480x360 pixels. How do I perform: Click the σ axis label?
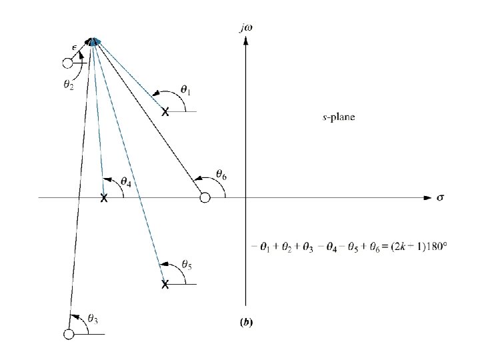point(440,198)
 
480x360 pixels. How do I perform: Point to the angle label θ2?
point(68,87)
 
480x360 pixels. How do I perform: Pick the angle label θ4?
point(126,181)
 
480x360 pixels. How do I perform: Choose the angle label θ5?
point(187,265)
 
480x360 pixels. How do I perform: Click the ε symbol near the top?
point(75,47)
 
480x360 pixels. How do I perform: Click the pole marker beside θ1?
point(165,113)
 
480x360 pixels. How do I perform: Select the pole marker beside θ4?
point(103,198)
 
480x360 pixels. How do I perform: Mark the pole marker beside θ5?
point(165,285)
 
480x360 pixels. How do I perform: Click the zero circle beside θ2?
point(67,63)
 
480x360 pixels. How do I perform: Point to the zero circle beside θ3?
point(68,334)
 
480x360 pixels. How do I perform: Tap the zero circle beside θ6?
point(205,197)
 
